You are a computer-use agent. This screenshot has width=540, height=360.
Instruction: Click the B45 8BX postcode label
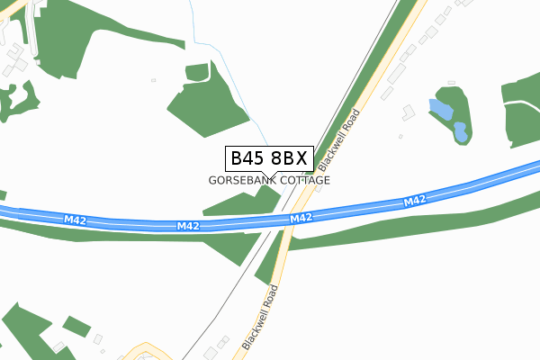coord(269,158)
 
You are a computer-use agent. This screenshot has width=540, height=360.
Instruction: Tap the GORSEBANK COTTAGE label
coord(269,180)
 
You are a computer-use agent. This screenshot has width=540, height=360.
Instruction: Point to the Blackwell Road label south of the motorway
coord(260,319)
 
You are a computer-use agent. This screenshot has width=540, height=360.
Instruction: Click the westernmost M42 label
coord(75,220)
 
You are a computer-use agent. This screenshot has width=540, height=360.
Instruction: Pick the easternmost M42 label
coord(415,201)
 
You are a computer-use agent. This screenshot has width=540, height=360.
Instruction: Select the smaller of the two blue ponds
coord(460,132)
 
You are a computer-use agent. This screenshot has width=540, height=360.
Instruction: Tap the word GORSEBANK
coord(241,180)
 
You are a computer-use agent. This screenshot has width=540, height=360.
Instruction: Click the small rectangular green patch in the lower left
coord(76,325)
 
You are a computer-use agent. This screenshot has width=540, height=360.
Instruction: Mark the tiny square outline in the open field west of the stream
coord(153,80)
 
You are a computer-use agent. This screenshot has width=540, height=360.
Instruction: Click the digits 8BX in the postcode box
coord(289,158)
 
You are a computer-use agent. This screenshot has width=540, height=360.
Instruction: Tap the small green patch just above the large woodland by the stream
coord(197,71)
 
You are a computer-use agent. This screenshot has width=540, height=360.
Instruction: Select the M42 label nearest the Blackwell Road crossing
coord(301,219)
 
